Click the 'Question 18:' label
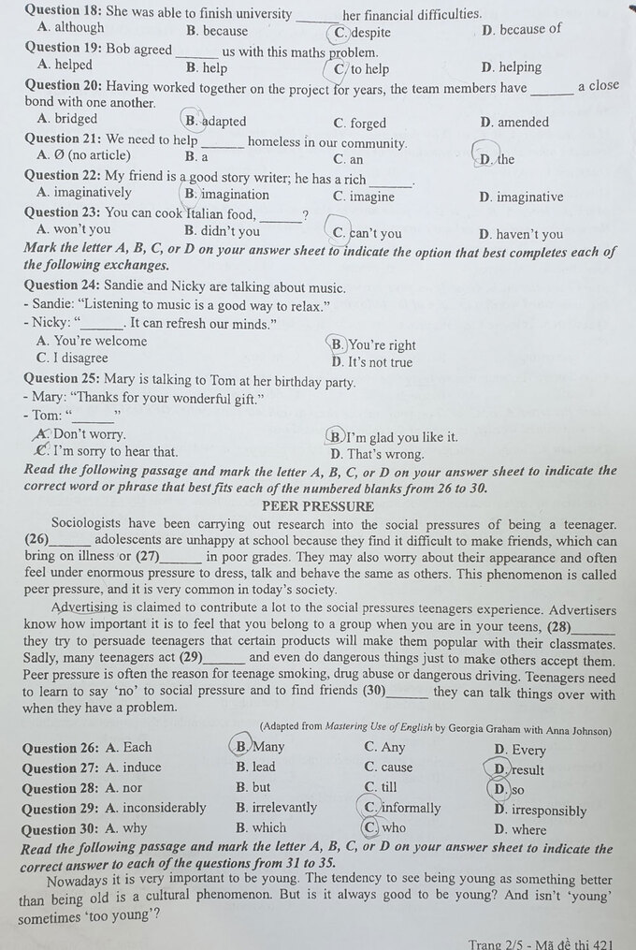[64, 14]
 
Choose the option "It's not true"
[379, 362]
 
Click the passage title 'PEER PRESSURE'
[318, 506]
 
